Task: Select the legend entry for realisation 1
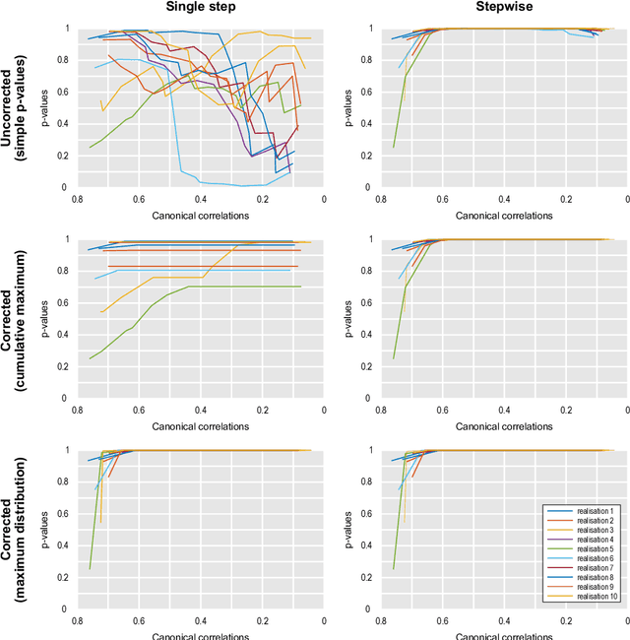(x=585, y=511)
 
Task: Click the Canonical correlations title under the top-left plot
(x=201, y=214)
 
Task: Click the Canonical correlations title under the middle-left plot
(x=201, y=425)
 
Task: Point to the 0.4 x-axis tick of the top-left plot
(x=201, y=199)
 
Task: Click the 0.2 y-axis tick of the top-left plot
(x=66, y=156)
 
